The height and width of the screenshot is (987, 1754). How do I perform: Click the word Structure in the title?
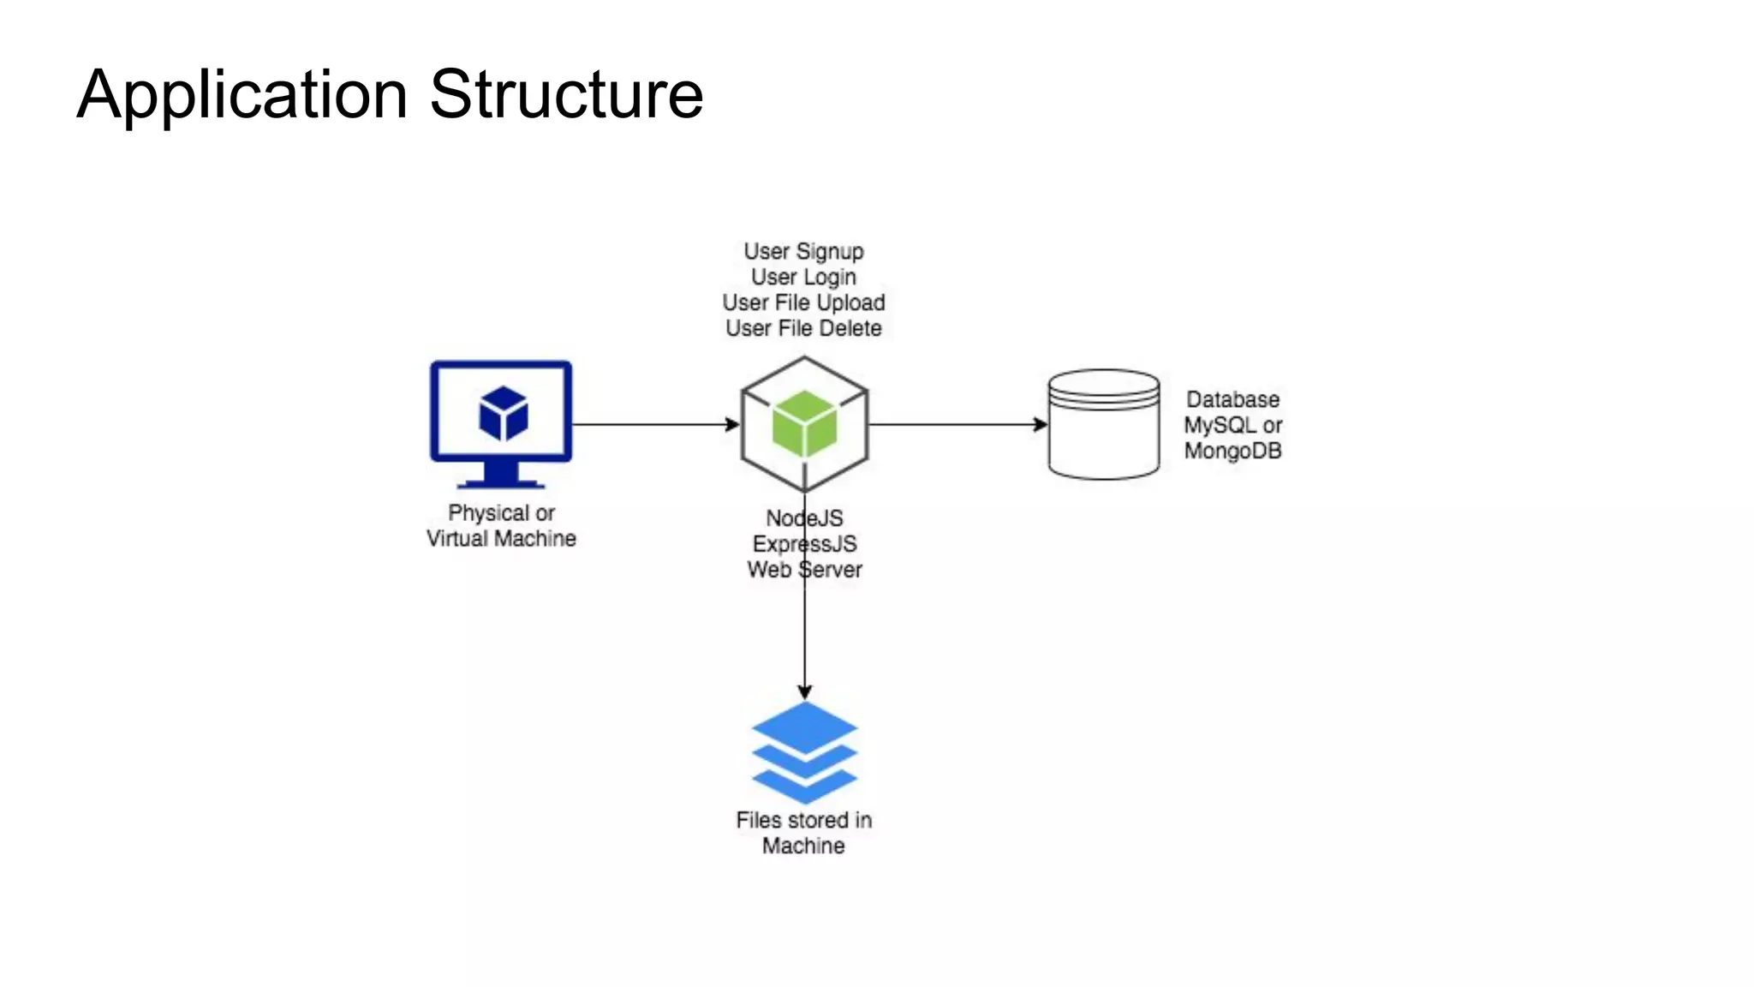coord(566,94)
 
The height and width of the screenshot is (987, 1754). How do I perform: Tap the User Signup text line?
coord(803,251)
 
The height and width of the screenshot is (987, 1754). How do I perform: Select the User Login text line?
coord(803,277)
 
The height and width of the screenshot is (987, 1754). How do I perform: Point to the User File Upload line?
coord(803,302)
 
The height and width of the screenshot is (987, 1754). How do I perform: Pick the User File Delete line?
coord(803,328)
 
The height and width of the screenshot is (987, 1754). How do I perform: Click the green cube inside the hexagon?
coord(804,423)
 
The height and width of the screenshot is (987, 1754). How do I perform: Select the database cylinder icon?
coord(1104,425)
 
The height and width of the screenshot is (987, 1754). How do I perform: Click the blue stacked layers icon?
coord(804,751)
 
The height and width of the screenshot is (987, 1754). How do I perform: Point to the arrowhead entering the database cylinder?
coord(1041,424)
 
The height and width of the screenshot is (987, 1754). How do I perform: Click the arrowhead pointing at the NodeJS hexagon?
coord(732,424)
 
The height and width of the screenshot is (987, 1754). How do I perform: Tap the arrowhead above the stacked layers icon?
coord(804,691)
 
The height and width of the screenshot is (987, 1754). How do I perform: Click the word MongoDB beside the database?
coord(1232,451)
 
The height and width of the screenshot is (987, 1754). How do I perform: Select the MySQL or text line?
coord(1232,425)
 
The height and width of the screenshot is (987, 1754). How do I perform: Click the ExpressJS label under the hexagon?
coord(804,544)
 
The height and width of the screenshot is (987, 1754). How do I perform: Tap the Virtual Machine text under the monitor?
coord(501,538)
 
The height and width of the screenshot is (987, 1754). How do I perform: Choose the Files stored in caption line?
coord(803,820)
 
